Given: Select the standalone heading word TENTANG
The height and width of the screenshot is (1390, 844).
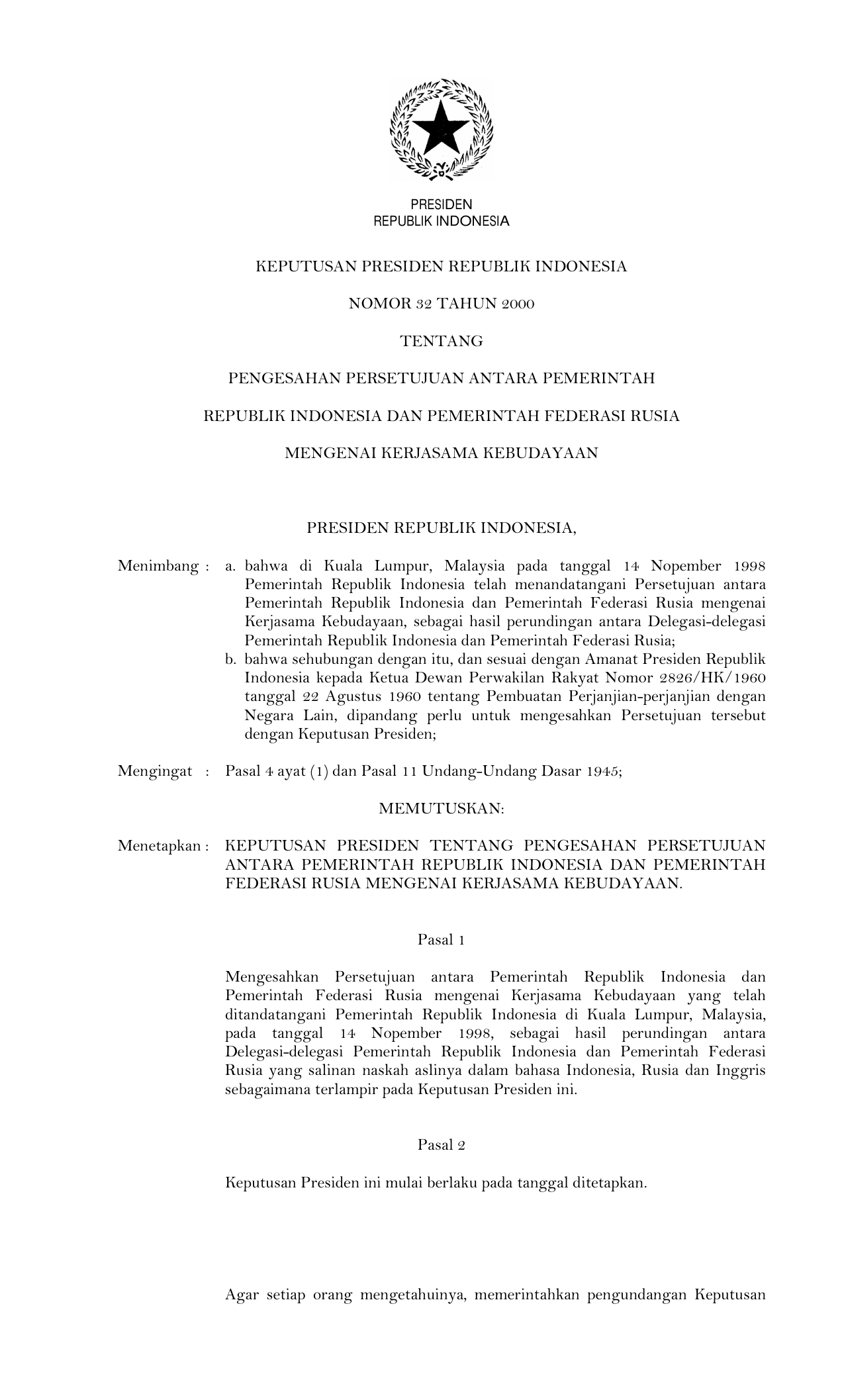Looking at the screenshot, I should (442, 342).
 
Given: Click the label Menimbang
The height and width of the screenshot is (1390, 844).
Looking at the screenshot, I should (158, 567).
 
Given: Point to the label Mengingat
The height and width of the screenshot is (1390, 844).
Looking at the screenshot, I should (155, 771).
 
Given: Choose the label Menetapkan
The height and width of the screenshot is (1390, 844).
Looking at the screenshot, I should (159, 846).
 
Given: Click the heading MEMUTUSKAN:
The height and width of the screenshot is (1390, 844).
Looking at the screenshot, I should (442, 809).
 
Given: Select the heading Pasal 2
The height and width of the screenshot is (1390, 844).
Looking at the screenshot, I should (441, 1145).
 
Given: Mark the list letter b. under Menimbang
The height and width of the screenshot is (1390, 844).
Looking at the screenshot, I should (230, 660).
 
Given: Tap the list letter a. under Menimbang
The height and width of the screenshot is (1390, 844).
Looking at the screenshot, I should (230, 567).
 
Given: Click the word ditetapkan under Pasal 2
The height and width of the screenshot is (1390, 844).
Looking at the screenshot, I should (612, 1183).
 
